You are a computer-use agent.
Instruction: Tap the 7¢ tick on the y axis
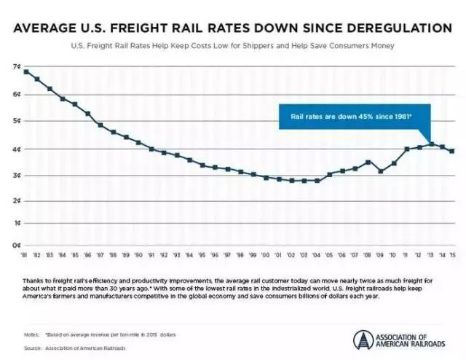pyautogui.click(x=17, y=67)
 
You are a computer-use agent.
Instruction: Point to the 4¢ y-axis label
pyautogui.click(x=17, y=149)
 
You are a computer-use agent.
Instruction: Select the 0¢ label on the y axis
pyautogui.click(x=17, y=246)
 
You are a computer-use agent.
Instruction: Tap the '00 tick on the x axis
pyautogui.click(x=266, y=255)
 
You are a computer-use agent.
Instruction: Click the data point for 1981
pyautogui.click(x=26, y=71)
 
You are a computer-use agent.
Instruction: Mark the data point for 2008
pyautogui.click(x=368, y=162)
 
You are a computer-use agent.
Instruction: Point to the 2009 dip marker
pyautogui.click(x=381, y=171)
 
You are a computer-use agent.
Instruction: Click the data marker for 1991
pyautogui.click(x=151, y=149)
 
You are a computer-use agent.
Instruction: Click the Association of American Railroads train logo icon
pyautogui.click(x=363, y=340)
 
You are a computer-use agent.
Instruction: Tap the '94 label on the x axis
pyautogui.click(x=190, y=255)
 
